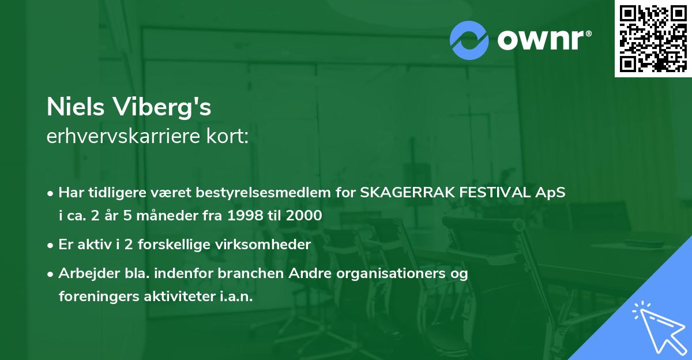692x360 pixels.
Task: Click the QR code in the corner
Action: tap(653, 38)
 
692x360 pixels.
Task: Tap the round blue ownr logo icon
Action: tap(469, 40)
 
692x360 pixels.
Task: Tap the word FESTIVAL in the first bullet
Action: tap(495, 193)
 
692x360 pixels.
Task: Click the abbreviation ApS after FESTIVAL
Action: tap(552, 193)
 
